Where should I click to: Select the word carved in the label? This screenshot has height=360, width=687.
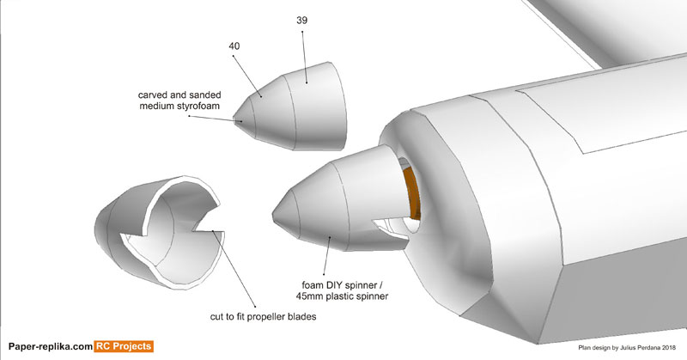pyautogui.click(x=155, y=94)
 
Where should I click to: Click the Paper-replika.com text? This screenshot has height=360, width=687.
pyautogui.click(x=48, y=347)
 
